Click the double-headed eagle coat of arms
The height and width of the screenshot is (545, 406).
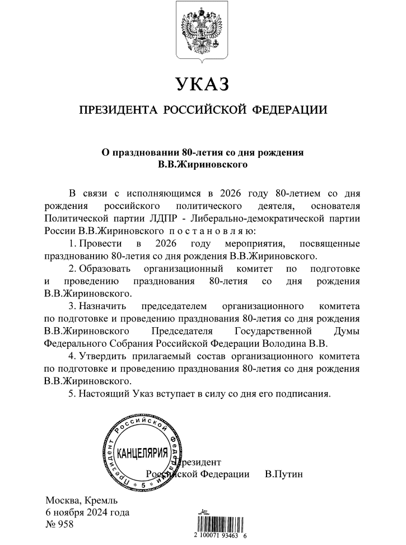202,30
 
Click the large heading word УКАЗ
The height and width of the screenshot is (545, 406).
203,85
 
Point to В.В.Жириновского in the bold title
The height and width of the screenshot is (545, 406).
203,165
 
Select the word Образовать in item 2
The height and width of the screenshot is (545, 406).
105,269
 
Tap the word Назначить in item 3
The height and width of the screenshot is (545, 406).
102,306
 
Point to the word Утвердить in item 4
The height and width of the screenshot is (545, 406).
104,356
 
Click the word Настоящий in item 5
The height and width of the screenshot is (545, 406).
105,393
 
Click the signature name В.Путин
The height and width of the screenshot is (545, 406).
283,474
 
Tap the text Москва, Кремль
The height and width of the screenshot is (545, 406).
81,500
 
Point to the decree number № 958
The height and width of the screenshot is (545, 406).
58,525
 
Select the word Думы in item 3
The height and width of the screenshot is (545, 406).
346,331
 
